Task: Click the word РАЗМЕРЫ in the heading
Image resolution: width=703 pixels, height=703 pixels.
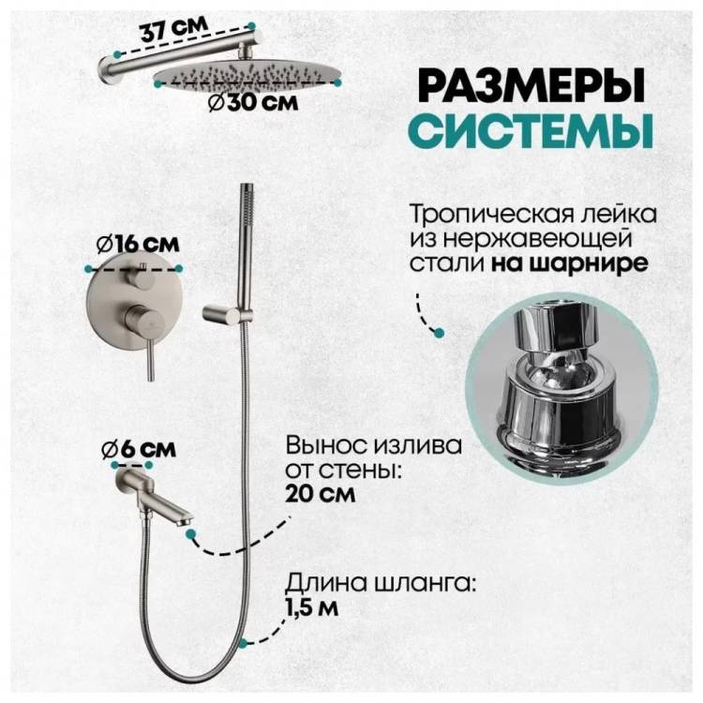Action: click(532, 85)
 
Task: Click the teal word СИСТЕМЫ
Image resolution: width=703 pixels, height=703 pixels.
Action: click(531, 130)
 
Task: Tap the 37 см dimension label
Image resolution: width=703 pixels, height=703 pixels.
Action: click(174, 28)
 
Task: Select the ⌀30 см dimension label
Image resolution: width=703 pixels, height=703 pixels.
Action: click(253, 103)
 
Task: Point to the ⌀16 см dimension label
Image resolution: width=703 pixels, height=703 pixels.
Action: click(138, 245)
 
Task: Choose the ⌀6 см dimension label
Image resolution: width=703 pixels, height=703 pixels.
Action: click(138, 449)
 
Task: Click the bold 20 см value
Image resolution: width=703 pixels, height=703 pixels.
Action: click(321, 494)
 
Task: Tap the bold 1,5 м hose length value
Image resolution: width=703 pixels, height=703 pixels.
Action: click(312, 608)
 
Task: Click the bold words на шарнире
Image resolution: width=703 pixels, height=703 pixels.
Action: click(569, 262)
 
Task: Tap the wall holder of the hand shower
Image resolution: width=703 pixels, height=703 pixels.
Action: click(223, 313)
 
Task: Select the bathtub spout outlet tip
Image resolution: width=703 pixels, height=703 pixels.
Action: click(185, 521)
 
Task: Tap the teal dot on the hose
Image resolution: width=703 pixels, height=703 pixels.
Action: click(243, 644)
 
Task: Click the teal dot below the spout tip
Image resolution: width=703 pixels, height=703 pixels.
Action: click(191, 534)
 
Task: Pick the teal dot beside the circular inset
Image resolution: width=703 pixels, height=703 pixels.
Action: click(440, 332)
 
